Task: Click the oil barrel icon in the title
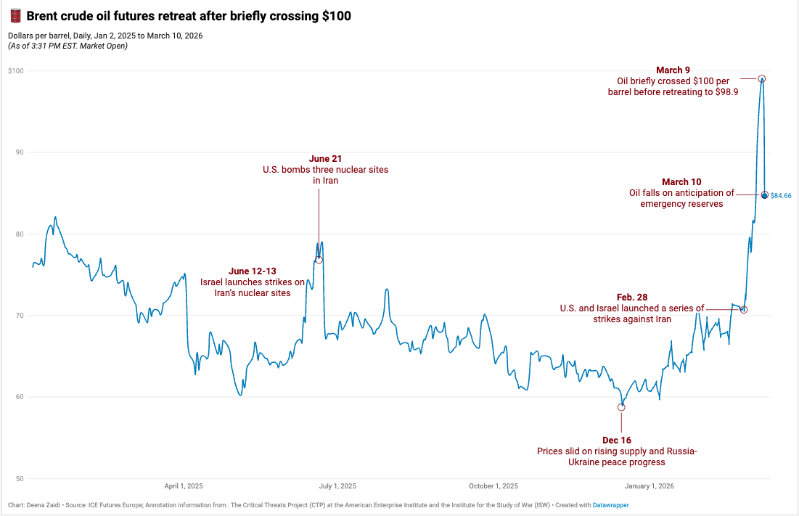tap(15, 15)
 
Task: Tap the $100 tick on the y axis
tap(15, 71)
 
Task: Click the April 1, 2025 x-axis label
tap(184, 486)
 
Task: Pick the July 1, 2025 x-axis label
tap(337, 486)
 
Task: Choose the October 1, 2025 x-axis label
tap(493, 486)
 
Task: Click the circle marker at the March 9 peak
tap(762, 78)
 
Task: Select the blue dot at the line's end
tap(764, 195)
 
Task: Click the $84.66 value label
tap(781, 196)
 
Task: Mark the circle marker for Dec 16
tap(621, 407)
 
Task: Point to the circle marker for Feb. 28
tap(743, 310)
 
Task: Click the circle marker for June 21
tap(319, 260)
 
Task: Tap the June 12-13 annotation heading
tap(253, 271)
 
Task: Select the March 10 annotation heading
tap(681, 181)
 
